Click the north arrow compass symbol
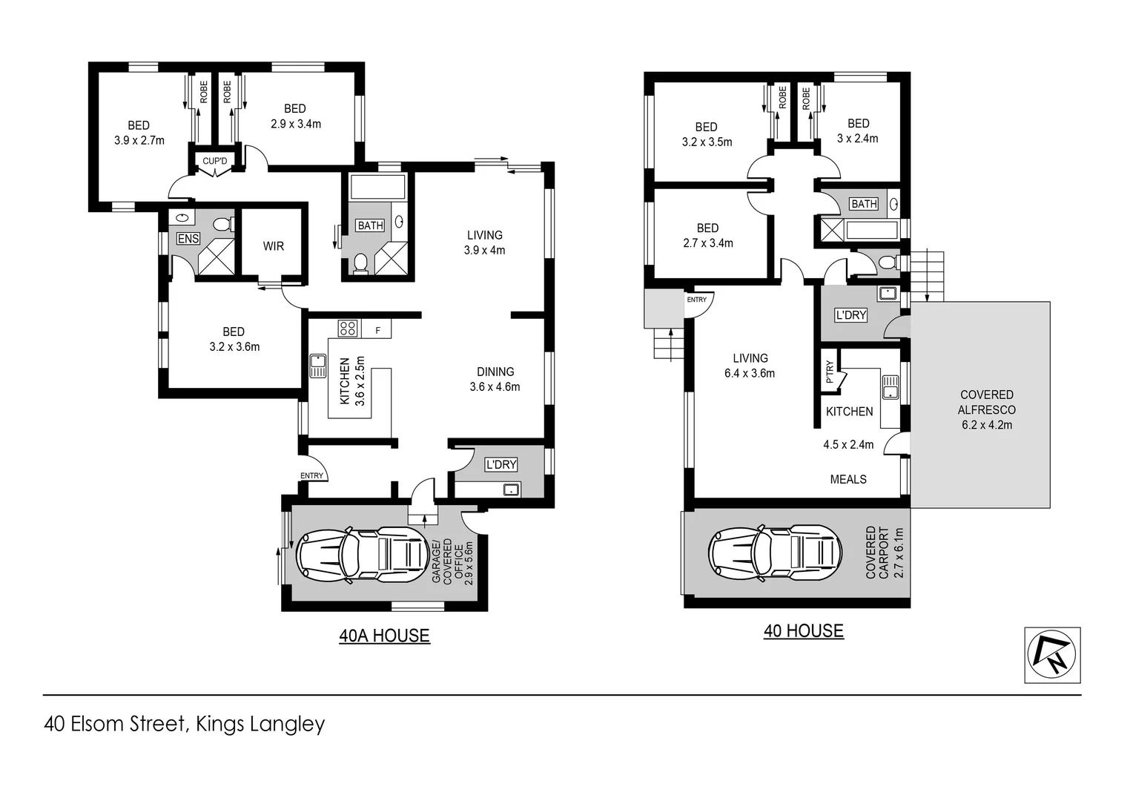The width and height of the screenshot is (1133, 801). coord(1052,655)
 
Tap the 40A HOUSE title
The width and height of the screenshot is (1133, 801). coord(384,636)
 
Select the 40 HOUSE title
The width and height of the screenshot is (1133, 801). coord(803,630)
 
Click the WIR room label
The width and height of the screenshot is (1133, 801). coord(273,246)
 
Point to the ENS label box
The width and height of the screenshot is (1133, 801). coord(188,238)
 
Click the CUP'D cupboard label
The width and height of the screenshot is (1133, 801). coord(215,161)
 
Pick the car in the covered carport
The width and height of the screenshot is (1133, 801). coord(775,553)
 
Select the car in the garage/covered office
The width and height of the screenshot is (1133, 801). coord(362,554)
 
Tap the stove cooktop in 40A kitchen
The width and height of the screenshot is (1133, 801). coord(347,328)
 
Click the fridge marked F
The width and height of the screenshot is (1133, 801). coord(378,330)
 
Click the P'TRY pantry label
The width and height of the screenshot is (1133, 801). coord(830,372)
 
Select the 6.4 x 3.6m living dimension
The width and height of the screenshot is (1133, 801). coord(750,374)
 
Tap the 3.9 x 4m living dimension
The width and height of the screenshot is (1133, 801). coord(484,251)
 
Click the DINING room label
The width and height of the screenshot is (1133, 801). coord(495,372)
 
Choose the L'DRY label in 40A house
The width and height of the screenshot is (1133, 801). coord(501,464)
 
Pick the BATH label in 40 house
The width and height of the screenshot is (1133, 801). coord(864,204)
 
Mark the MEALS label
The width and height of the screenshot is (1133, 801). coord(848,479)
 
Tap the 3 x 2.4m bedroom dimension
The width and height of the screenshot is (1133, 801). coord(858,139)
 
